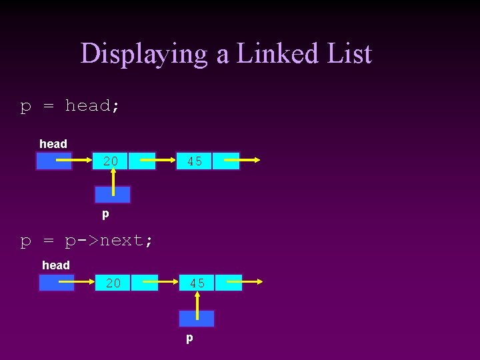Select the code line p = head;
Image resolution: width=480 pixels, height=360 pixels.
point(69,105)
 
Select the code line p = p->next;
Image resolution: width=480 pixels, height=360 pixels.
point(86,240)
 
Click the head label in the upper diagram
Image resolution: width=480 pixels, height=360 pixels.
point(53,144)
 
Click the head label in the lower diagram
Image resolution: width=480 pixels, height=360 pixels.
point(56,265)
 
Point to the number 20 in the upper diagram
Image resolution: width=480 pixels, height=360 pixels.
point(111,161)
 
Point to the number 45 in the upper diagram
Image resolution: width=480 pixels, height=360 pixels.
point(195,161)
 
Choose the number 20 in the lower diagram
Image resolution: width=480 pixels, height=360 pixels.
point(113,283)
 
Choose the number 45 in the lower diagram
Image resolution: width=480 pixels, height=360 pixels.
point(197,283)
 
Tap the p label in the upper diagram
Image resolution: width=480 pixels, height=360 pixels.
point(105,215)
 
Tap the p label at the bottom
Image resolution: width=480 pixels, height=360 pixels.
point(189,338)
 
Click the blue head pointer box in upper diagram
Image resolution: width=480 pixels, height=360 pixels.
point(53,161)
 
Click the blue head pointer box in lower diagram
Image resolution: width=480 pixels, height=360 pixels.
point(56,283)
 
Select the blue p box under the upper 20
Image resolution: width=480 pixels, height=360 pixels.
point(113,195)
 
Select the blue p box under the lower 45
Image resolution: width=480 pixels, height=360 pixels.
point(197,318)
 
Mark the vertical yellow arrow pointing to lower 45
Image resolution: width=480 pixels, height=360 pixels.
point(197,304)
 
